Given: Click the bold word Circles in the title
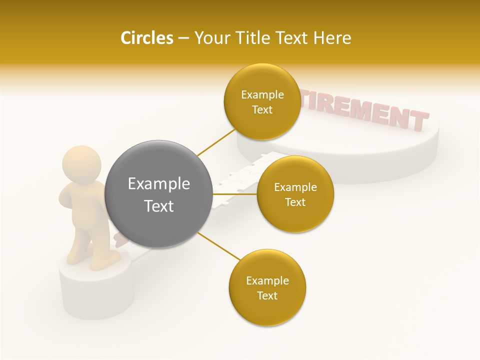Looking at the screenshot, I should click(x=146, y=38).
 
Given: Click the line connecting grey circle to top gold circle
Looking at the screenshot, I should click(x=216, y=141).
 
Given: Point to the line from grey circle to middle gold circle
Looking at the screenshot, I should click(x=235, y=194).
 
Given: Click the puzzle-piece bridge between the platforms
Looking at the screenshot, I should click(x=235, y=180).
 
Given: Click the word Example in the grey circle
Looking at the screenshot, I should click(x=158, y=183).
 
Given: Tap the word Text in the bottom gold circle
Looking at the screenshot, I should click(x=267, y=295).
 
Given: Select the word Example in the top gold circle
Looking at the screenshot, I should click(x=262, y=95).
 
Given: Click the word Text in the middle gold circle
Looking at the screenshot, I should click(x=295, y=202).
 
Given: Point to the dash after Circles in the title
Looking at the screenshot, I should click(x=183, y=38).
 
